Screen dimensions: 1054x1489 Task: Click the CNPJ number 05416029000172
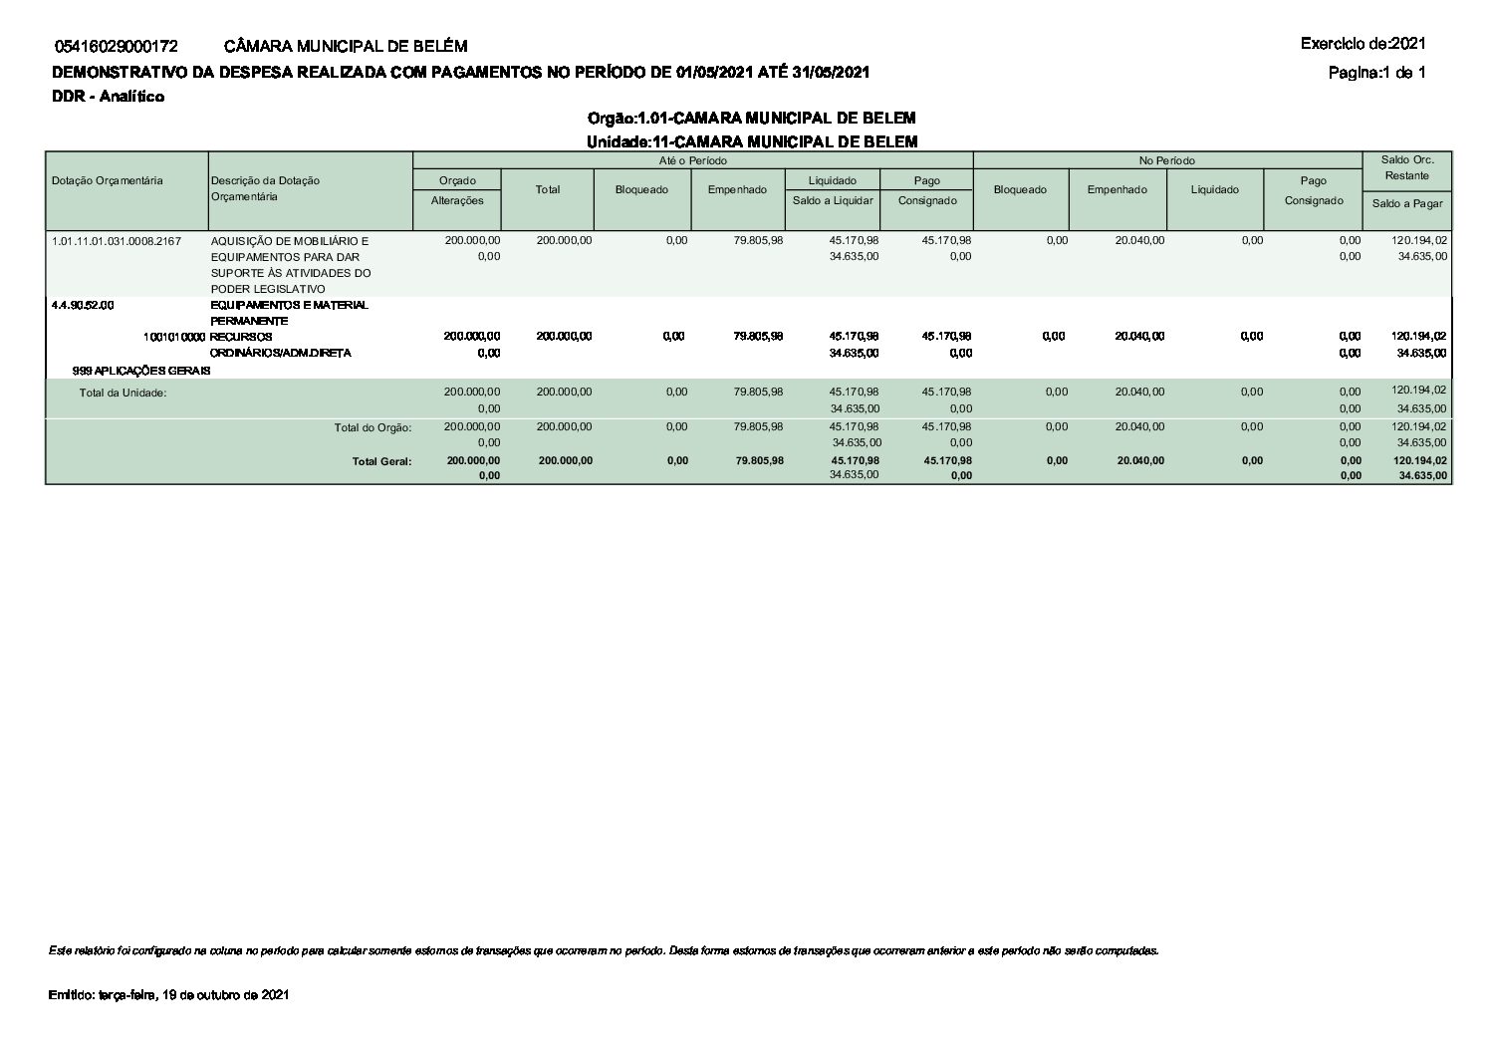(117, 46)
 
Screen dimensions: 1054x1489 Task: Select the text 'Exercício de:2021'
(1363, 43)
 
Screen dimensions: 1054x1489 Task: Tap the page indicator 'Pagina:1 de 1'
(1376, 72)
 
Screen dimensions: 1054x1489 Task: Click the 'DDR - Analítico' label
(108, 97)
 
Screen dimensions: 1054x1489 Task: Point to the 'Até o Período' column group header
(692, 160)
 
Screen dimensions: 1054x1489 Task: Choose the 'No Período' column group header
(1167, 160)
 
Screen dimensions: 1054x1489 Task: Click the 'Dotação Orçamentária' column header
(107, 180)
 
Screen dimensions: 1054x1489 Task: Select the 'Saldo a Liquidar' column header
(833, 200)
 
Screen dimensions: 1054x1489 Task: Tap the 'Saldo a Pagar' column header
(1406, 203)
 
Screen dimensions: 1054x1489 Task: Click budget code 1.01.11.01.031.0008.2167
(117, 241)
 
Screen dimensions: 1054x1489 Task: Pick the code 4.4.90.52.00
(83, 305)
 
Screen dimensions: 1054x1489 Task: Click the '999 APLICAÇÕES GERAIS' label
(141, 371)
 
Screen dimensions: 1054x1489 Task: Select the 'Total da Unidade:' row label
(123, 393)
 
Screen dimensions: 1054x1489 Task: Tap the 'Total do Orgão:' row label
(372, 427)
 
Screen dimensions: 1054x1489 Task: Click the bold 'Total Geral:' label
(381, 461)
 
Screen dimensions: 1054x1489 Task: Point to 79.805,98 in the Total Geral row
(758, 460)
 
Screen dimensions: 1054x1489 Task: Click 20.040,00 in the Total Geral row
(1139, 460)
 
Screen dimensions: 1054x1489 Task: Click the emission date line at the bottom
(168, 995)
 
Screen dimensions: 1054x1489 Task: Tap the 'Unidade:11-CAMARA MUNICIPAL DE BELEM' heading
(751, 141)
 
